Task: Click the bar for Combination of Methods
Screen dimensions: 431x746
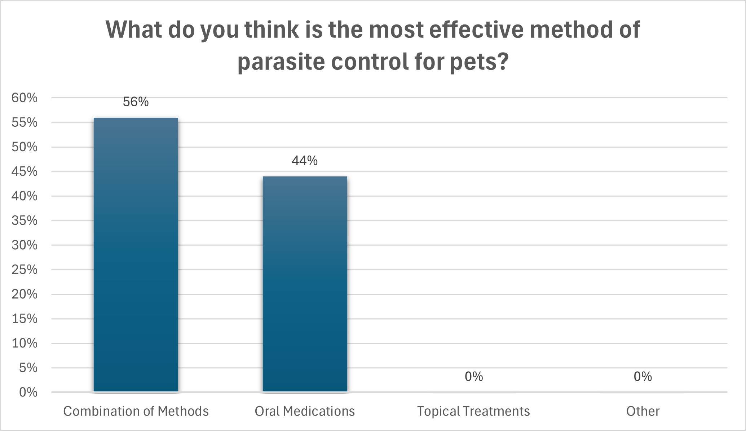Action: [136, 254]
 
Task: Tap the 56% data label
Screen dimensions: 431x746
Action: [136, 102]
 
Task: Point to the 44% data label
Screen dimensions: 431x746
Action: [305, 161]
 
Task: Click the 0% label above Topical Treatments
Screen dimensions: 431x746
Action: [473, 377]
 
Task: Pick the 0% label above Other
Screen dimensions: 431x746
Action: [643, 377]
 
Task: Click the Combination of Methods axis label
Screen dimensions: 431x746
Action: [136, 411]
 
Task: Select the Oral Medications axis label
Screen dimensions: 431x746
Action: [305, 411]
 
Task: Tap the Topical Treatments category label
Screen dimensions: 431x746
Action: [473, 411]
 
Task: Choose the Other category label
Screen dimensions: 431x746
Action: [643, 411]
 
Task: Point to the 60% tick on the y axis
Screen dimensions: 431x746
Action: [25, 98]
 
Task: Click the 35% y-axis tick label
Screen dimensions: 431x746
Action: [25, 220]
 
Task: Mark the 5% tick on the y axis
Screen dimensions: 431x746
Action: [28, 368]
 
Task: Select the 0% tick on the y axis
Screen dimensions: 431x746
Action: [28, 392]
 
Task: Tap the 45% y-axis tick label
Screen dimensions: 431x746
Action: [25, 171]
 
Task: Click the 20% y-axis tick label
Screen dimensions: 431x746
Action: [25, 294]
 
